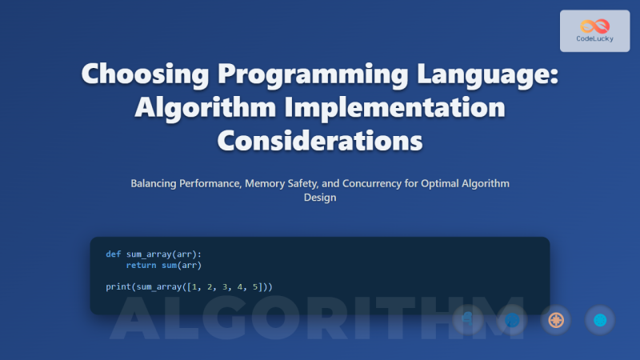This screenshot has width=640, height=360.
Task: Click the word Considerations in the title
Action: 320,141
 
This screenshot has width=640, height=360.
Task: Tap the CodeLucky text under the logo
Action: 594,38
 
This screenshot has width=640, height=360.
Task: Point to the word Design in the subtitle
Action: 320,198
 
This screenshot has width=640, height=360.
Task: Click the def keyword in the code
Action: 113,254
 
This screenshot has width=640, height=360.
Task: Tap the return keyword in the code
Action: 141,265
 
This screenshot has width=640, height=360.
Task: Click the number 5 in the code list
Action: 257,286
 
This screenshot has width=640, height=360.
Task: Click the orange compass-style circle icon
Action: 555,320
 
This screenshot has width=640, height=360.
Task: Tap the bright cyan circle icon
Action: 599,320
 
